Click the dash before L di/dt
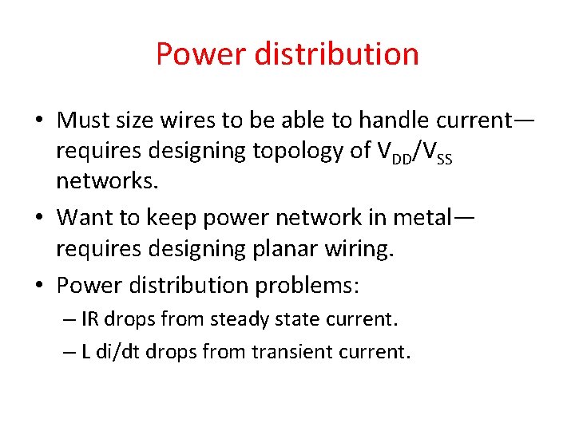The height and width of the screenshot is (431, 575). (70, 352)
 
